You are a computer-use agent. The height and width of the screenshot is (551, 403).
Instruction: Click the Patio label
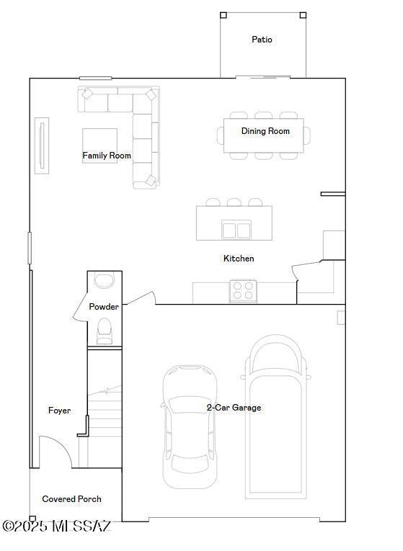point(262,40)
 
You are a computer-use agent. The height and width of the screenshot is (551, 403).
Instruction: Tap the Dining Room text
point(265,131)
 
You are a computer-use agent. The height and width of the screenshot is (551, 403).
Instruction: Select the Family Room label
point(107,156)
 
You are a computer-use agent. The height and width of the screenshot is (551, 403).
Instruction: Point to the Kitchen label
point(239,259)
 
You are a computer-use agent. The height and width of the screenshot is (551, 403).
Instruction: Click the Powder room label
point(104,307)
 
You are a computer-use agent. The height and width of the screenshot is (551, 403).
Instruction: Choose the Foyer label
point(59,411)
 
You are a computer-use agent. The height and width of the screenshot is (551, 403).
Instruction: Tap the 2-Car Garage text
point(234,408)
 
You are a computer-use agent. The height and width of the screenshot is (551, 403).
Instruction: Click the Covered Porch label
point(71,499)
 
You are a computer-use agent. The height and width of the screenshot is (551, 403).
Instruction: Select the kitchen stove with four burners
point(243,291)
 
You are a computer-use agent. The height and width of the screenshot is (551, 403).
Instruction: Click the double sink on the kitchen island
point(236,230)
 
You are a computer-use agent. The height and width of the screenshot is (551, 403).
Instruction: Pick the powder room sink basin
point(105,281)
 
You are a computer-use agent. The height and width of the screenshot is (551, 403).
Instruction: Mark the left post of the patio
point(223,15)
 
